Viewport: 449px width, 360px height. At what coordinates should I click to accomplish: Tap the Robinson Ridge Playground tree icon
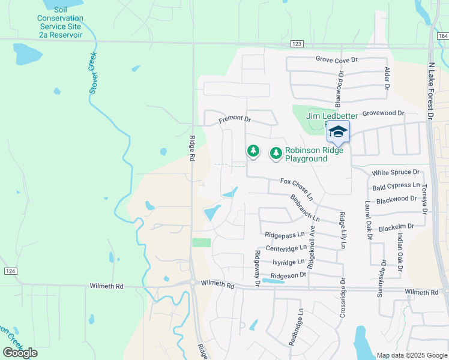tap(276, 154)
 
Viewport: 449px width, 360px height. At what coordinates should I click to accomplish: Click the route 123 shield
tap(297, 44)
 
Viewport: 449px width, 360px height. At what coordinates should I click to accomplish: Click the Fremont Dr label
tap(234, 119)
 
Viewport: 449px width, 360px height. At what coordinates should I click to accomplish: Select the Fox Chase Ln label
tap(297, 188)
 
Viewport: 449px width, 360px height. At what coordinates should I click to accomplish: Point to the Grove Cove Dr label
tap(336, 59)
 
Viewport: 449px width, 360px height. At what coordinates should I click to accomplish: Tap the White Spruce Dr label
tap(396, 172)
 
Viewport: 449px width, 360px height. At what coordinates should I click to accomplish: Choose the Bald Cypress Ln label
tap(396, 186)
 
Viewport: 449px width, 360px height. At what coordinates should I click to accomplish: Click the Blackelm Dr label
tap(397, 226)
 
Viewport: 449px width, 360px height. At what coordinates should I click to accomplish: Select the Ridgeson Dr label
tap(289, 274)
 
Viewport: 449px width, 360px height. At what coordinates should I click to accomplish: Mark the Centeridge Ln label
tap(286, 247)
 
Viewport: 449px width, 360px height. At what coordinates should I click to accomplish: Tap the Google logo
tap(20, 353)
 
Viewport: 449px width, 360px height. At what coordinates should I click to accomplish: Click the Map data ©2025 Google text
tap(411, 355)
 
